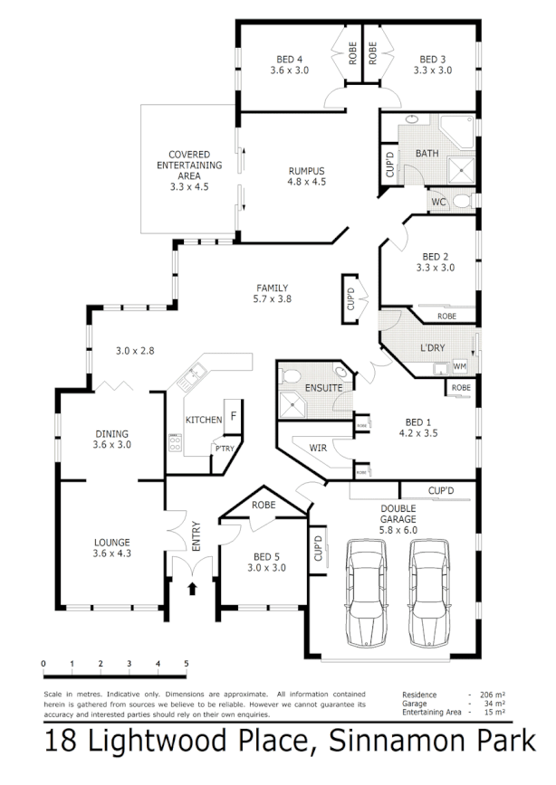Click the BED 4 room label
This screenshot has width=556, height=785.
[x=292, y=61]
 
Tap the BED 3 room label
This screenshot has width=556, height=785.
[x=433, y=61]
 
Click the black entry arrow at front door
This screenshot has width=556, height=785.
[x=191, y=590]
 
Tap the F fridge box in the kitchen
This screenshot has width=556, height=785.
[x=233, y=415]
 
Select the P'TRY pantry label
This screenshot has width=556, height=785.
[x=223, y=449]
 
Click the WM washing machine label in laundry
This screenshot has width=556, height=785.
[x=459, y=366]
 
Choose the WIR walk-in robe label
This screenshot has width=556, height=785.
[x=318, y=448]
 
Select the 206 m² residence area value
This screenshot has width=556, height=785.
[x=493, y=695]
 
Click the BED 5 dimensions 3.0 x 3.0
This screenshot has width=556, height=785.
[x=267, y=568]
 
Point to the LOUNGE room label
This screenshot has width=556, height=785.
[x=111, y=544]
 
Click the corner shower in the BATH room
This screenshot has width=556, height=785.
[x=463, y=167]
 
